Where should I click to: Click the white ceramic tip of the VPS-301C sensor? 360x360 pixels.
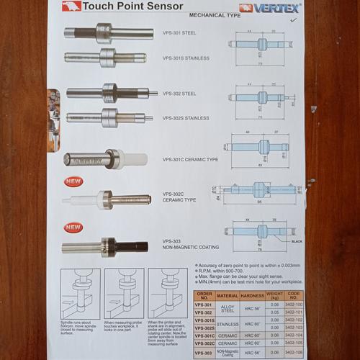click(134, 158)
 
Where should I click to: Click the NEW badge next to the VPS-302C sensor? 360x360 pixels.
click(73, 181)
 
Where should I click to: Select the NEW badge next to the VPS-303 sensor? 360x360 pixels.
click(73, 227)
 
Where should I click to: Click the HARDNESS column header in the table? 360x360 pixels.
click(252, 295)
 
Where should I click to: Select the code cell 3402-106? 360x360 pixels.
click(294, 354)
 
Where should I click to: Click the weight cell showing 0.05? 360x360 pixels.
click(274, 312)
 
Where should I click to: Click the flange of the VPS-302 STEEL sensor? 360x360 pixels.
click(109, 92)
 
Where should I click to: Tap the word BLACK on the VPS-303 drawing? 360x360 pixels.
click(296, 241)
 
